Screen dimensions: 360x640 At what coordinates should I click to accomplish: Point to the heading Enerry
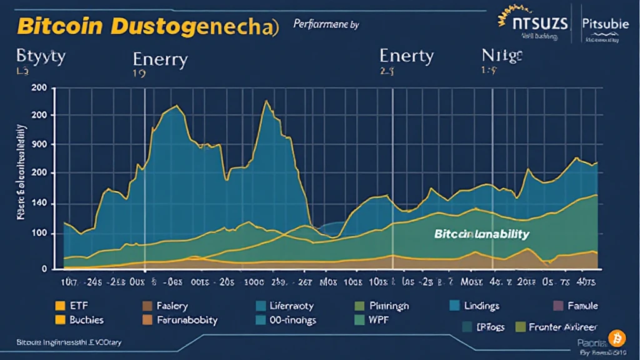(160, 60)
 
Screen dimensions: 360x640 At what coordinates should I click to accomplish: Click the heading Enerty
(406, 56)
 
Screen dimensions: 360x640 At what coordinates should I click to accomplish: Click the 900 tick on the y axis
(39, 144)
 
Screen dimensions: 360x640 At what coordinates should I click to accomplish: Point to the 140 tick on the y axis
(39, 204)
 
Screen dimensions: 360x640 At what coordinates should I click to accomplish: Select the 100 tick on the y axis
(39, 234)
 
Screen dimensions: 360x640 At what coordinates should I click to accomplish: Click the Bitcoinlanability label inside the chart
(481, 234)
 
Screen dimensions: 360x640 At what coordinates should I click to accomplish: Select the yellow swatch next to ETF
(60, 306)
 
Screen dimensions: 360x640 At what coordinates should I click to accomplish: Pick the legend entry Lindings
(482, 306)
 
